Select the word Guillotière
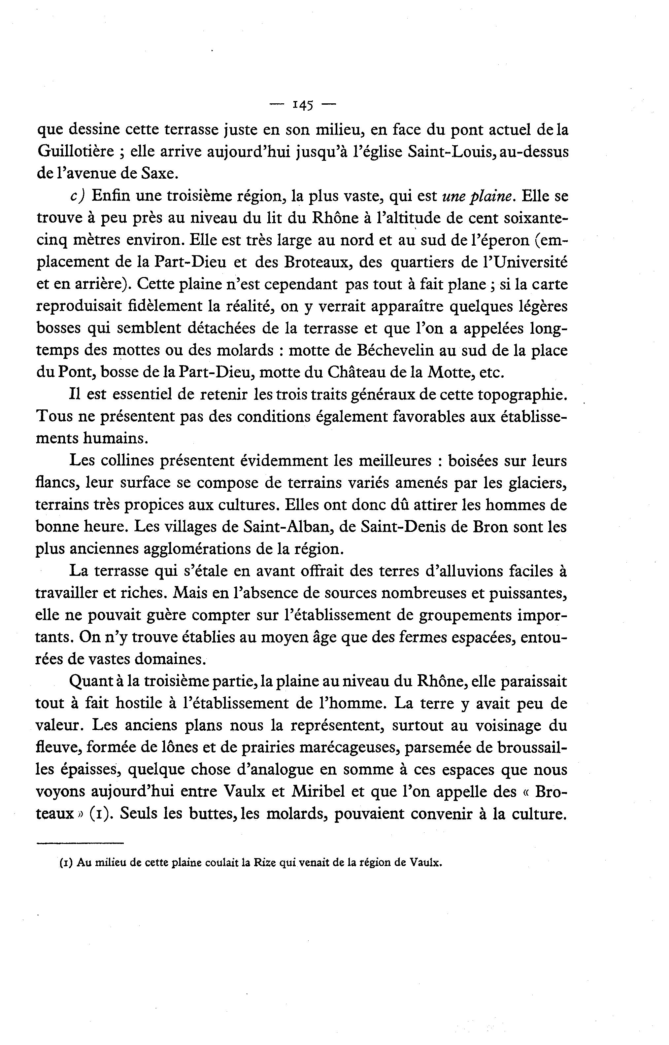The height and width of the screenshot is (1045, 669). (76, 152)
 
